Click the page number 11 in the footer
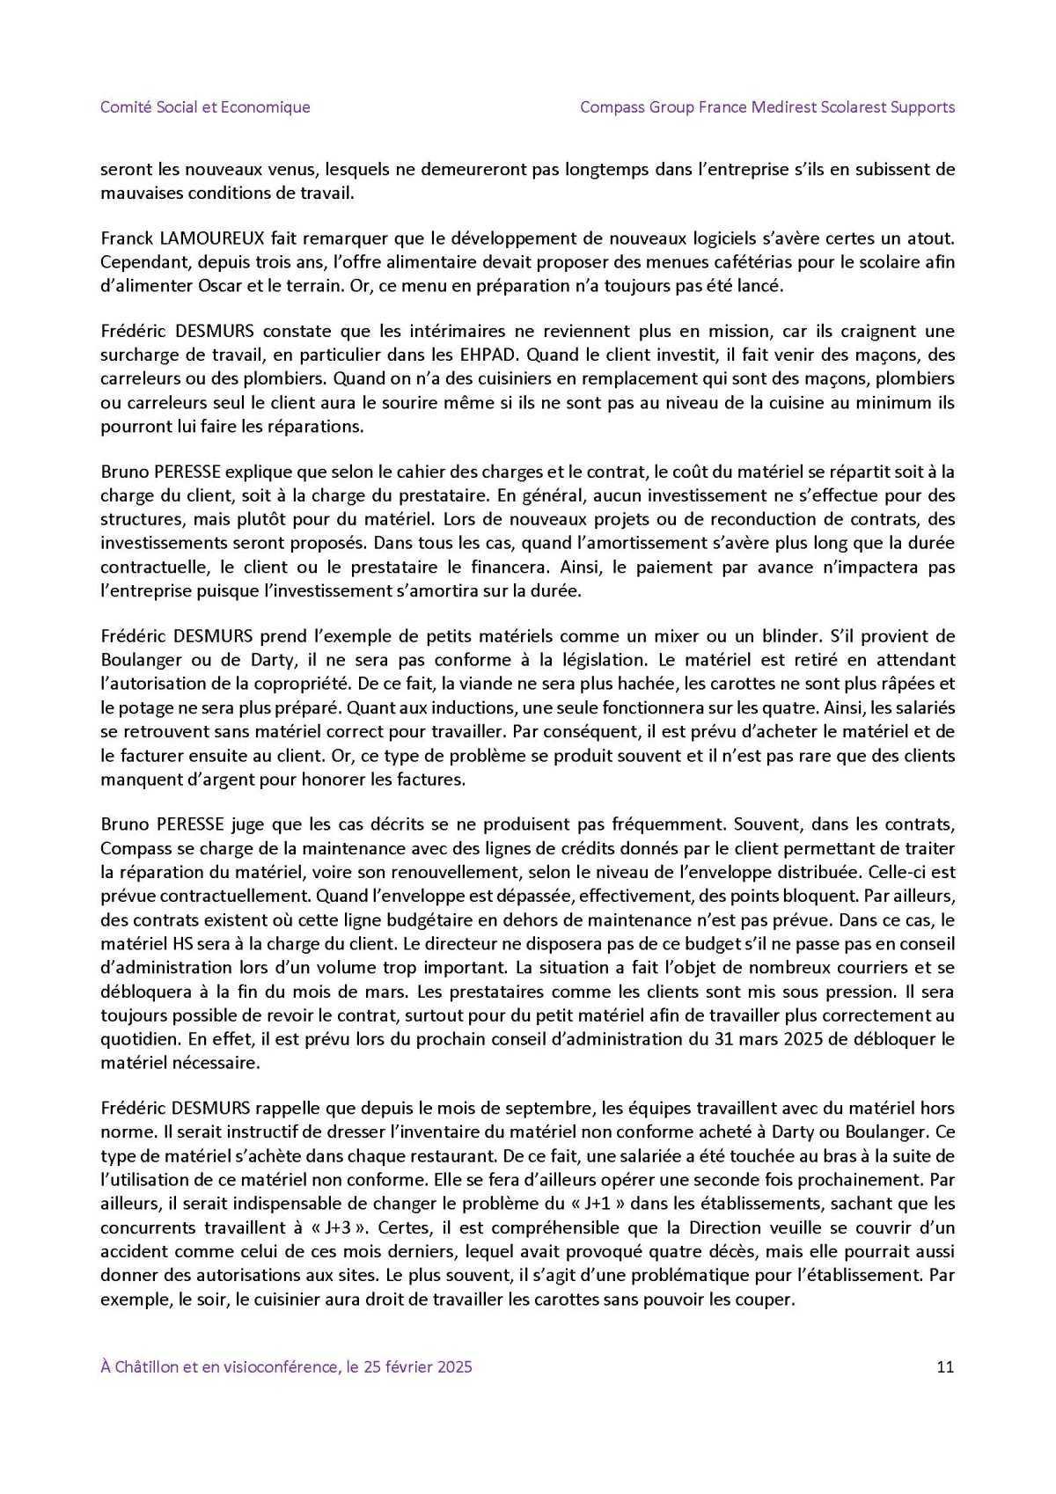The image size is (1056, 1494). coord(946,1366)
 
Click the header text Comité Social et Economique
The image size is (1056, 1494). coord(205,107)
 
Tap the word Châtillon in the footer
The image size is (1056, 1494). coord(146,1366)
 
